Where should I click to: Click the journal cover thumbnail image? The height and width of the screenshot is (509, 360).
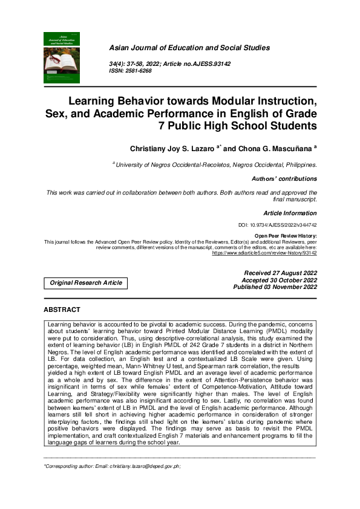(x=61, y=57)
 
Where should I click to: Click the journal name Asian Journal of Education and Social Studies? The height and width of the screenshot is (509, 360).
(x=189, y=48)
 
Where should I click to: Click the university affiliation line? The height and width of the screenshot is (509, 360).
(x=214, y=164)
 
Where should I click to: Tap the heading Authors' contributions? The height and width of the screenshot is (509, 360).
(x=284, y=179)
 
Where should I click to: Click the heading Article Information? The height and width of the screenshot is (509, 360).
(x=290, y=213)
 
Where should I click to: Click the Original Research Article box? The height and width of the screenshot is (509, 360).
(x=86, y=282)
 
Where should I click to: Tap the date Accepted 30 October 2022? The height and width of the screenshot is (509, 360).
(x=279, y=280)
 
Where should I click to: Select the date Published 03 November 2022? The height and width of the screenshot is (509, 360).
(x=275, y=287)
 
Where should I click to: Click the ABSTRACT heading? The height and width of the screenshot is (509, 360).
(x=62, y=310)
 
